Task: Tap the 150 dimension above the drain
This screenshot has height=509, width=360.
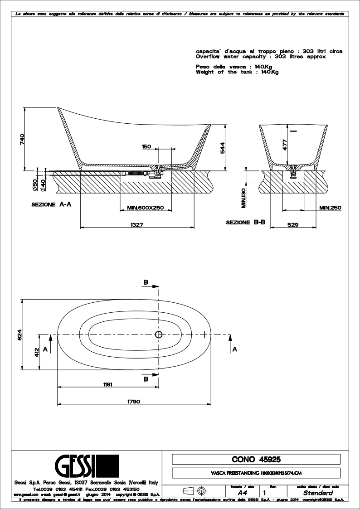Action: [x=146, y=146]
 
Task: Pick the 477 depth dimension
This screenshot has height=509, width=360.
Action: [x=285, y=144]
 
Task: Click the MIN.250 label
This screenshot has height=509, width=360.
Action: [x=330, y=208]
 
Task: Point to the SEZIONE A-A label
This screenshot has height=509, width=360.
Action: [x=51, y=205]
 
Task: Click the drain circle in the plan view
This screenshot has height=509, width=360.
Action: [x=159, y=335]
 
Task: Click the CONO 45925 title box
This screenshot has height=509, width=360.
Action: [x=256, y=460]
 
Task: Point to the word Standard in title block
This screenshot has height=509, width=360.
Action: [x=318, y=493]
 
